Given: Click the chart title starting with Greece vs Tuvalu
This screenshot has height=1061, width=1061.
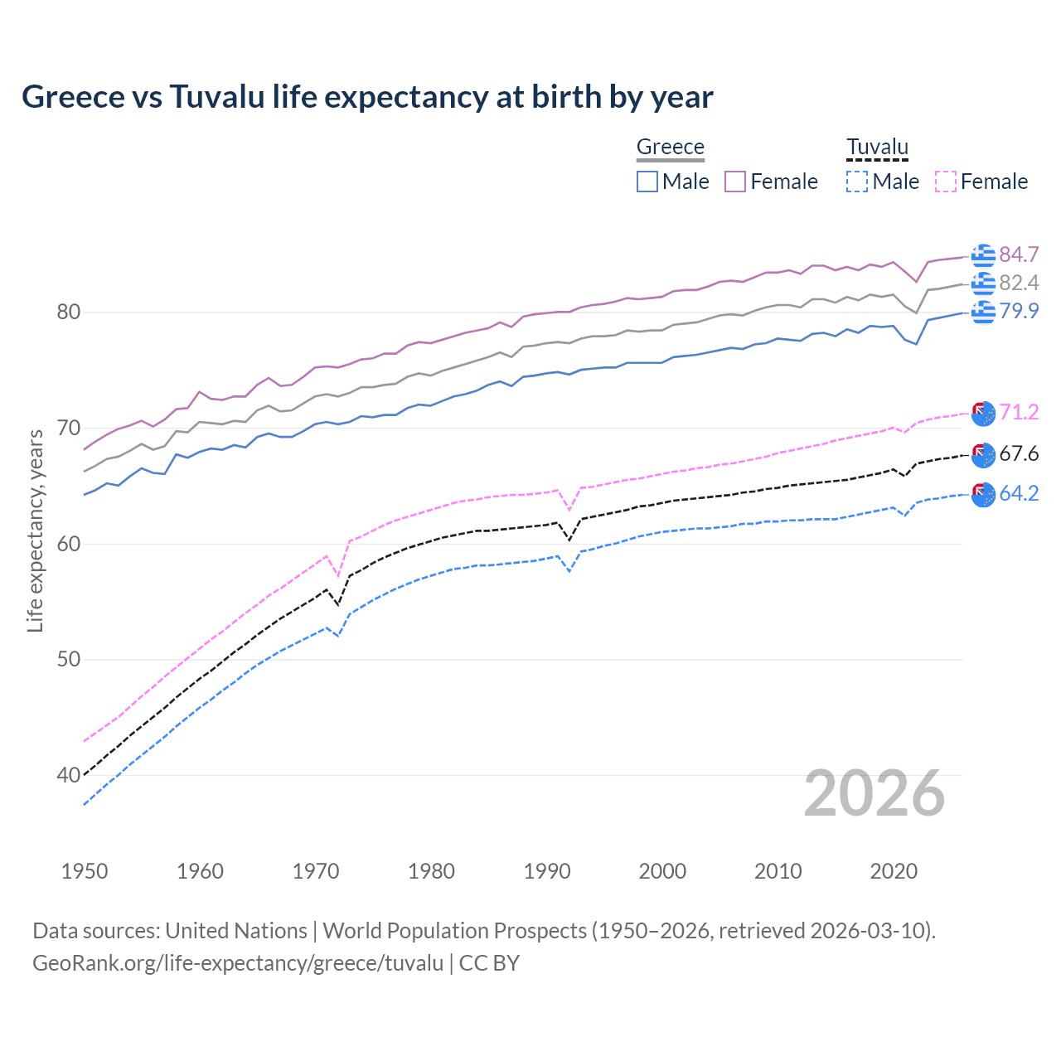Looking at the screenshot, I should point(367,97).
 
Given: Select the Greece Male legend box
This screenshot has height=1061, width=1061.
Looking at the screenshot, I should point(647,182).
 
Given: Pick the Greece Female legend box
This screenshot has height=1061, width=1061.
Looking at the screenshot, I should point(735,182).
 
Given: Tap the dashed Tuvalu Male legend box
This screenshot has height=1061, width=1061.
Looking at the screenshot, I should point(857,182).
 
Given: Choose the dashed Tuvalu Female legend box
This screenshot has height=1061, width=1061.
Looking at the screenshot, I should point(946,182).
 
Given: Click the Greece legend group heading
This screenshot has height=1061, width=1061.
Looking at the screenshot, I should point(670,147).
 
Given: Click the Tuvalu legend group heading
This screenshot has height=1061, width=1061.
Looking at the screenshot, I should point(877,147).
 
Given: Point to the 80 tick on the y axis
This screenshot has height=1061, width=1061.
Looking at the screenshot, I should point(68,312).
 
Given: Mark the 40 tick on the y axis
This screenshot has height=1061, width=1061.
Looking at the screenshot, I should point(68,776).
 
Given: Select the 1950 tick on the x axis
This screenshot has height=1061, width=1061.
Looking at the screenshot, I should point(85,871).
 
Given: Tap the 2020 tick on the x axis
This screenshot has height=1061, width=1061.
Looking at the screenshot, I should point(894,871).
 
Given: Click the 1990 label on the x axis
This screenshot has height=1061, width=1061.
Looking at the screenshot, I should point(547,871).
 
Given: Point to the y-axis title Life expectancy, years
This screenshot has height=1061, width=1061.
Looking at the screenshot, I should point(35,530).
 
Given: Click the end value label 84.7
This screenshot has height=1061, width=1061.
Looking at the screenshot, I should point(1019,254).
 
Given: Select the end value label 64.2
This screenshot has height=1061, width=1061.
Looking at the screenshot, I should point(1019,493).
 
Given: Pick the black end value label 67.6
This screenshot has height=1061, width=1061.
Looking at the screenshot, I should point(1019,453).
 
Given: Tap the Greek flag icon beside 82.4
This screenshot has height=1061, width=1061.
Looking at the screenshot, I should point(983,283).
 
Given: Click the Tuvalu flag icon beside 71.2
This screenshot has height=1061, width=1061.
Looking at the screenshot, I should point(983,413).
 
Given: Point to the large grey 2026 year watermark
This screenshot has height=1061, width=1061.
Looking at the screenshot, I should point(874,793).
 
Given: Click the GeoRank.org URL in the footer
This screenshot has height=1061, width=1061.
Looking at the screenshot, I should point(238,963).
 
